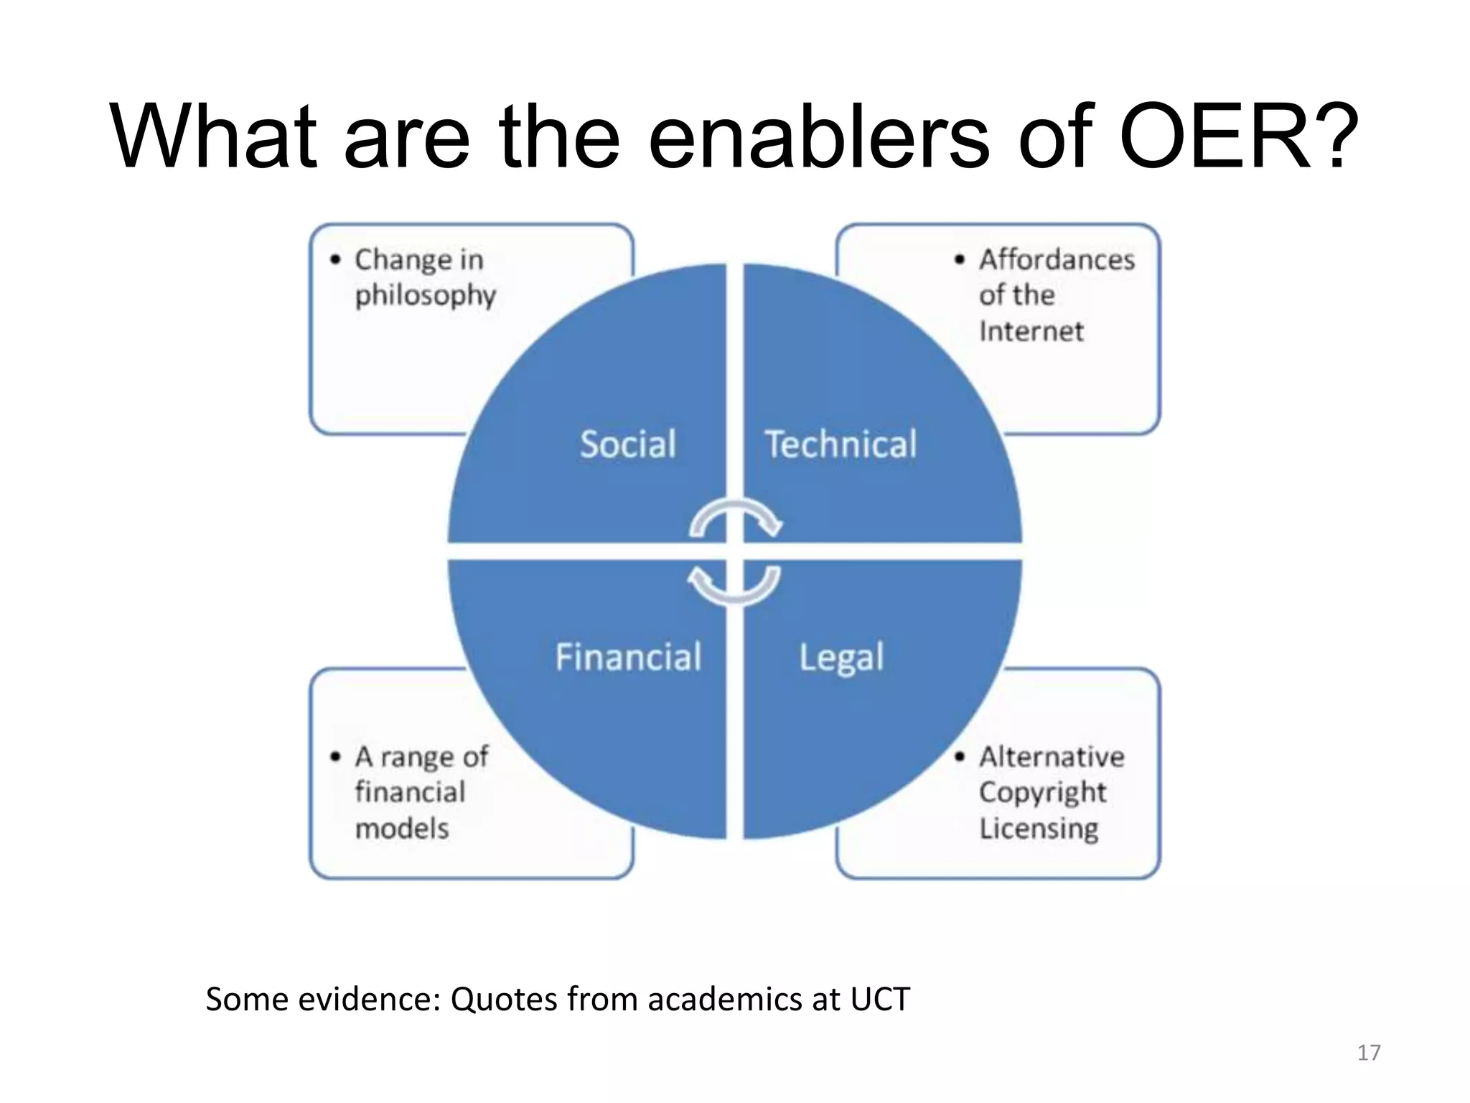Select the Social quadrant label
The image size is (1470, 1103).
pyautogui.click(x=628, y=444)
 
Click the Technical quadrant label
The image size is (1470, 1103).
pyautogui.click(x=841, y=444)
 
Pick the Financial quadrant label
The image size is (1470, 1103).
pyautogui.click(x=628, y=657)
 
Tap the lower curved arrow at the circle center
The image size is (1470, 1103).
pyautogui.click(x=734, y=585)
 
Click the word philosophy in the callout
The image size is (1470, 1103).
pyautogui.click(x=425, y=296)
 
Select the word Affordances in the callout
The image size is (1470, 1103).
pyautogui.click(x=1057, y=259)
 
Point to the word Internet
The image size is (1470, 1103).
pyautogui.click(x=1031, y=331)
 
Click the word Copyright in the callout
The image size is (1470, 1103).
pyautogui.click(x=1042, y=793)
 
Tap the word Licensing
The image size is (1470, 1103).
pyautogui.click(x=1039, y=829)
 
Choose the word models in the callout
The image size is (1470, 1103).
pyautogui.click(x=402, y=829)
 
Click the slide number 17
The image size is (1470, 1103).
pyautogui.click(x=1368, y=1053)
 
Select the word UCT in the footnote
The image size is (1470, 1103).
pyautogui.click(x=880, y=1000)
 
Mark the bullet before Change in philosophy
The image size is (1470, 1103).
pyautogui.click(x=335, y=259)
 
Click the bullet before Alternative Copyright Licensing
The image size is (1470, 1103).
pyautogui.click(x=960, y=757)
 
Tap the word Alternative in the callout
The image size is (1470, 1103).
pyautogui.click(x=1052, y=757)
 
